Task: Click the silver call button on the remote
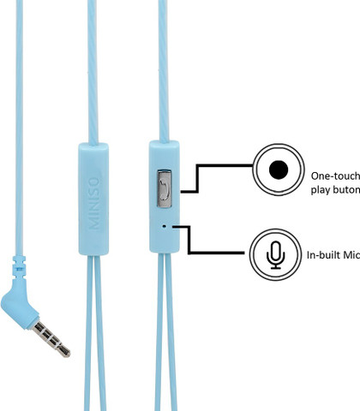point(165,188)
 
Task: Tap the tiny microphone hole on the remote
point(164,226)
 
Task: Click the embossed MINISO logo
point(94,203)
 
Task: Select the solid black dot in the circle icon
point(279,170)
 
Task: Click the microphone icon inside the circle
point(275,255)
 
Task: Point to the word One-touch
point(335,176)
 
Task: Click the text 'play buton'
point(335,189)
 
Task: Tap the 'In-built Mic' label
point(333,254)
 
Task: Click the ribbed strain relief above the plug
point(19,267)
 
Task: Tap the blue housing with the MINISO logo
point(93,199)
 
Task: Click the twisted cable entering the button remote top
point(164,71)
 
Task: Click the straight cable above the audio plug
point(19,128)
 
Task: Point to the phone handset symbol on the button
point(164,189)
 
